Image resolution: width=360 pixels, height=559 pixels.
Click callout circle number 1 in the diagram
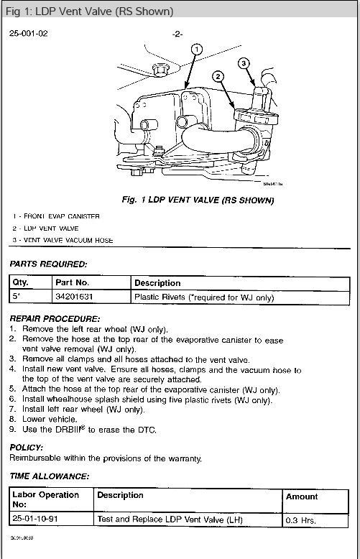click(x=198, y=49)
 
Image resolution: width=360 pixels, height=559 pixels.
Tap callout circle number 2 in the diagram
click(x=218, y=75)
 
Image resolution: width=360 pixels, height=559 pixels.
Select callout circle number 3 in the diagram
click(x=244, y=63)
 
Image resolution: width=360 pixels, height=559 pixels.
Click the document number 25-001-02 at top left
click(x=29, y=34)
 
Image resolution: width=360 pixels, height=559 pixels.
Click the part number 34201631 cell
click(x=75, y=297)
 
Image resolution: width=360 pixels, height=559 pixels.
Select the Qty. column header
click(x=21, y=282)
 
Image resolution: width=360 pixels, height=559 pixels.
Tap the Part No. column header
click(x=73, y=282)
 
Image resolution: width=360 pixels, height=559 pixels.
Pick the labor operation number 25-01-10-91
click(x=41, y=519)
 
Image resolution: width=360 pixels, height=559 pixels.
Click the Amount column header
click(x=302, y=496)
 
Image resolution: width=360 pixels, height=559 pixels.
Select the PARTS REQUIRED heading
click(x=48, y=264)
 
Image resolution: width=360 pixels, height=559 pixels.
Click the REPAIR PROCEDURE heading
click(x=55, y=318)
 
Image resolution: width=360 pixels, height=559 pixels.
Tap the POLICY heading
click(x=27, y=447)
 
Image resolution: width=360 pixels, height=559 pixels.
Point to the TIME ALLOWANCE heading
click(x=50, y=476)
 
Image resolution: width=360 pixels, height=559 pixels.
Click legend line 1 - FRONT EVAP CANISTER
click(x=55, y=216)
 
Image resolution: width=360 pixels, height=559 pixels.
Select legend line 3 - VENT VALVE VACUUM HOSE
click(x=63, y=240)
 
